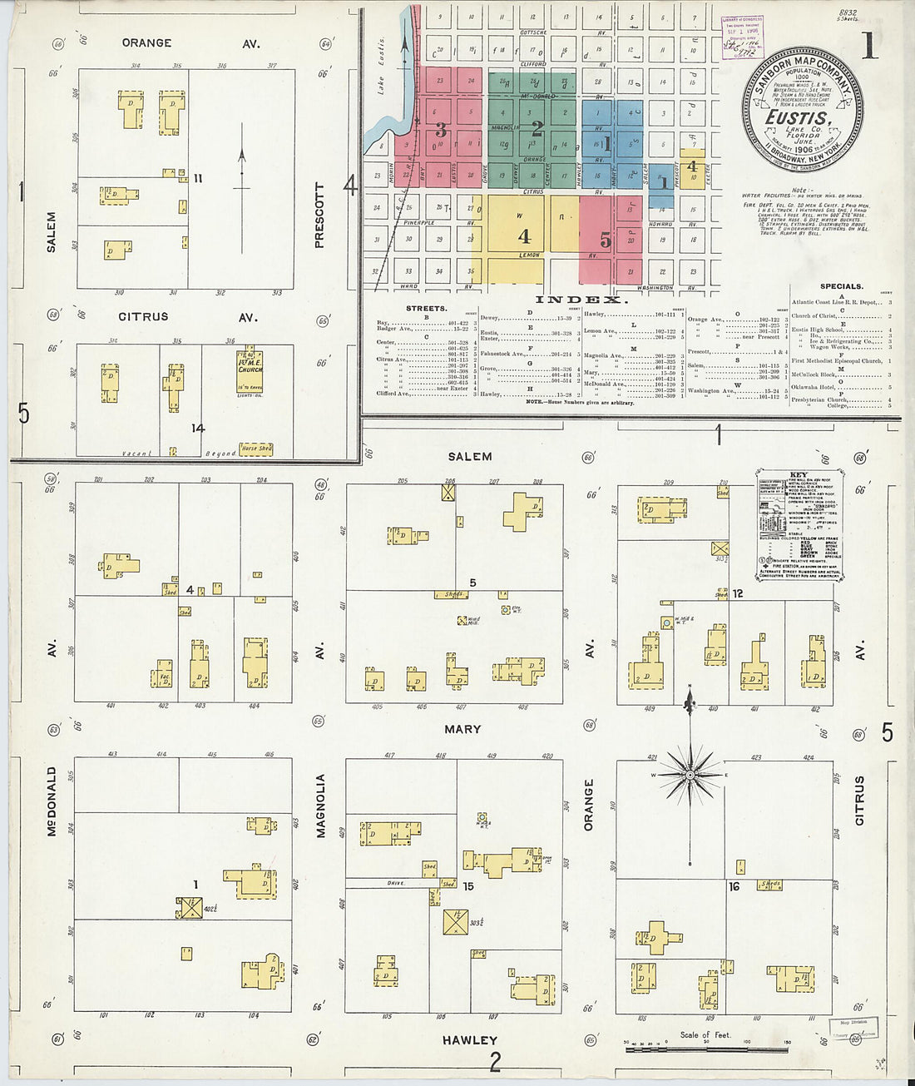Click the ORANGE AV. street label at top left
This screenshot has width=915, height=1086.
click(x=190, y=42)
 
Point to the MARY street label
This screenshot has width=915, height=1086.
click(x=462, y=729)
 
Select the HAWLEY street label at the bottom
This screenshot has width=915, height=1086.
click(x=470, y=1040)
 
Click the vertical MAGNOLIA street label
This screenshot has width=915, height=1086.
click(x=319, y=805)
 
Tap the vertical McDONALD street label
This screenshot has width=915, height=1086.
click(x=52, y=801)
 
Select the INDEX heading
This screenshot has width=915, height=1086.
click(x=580, y=300)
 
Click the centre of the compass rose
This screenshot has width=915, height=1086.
click(x=690, y=775)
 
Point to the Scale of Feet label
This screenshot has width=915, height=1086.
click(x=705, y=1035)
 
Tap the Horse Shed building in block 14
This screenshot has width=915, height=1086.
click(x=255, y=449)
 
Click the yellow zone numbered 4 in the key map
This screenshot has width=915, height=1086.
click(x=524, y=236)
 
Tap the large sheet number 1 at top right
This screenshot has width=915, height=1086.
click(x=869, y=46)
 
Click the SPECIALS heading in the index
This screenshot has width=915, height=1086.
click(x=840, y=286)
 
